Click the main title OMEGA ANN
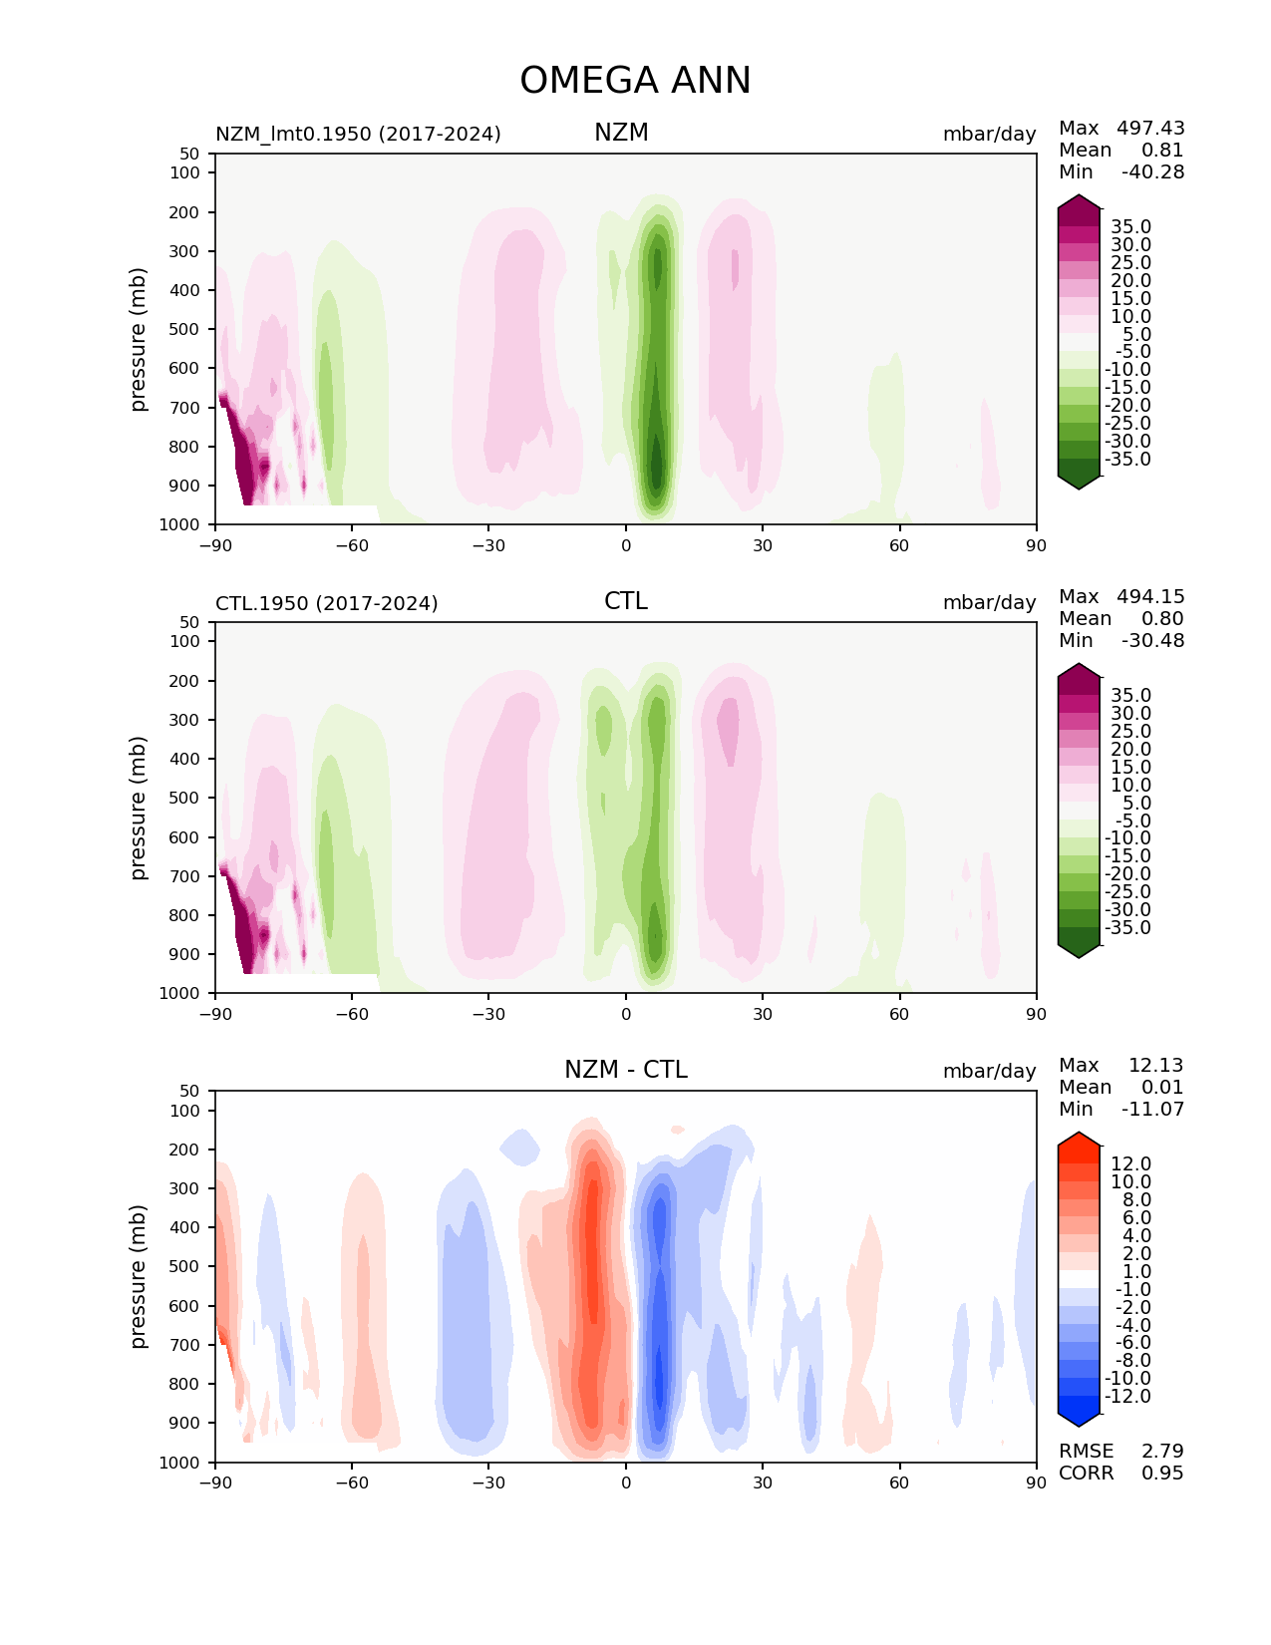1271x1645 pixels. click(635, 81)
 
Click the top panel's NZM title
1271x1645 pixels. click(621, 133)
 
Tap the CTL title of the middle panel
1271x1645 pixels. click(625, 601)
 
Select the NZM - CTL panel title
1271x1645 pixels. click(625, 1070)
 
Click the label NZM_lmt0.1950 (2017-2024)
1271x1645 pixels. click(358, 134)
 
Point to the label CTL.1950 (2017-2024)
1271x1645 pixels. click(327, 603)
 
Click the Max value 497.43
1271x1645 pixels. click(1150, 128)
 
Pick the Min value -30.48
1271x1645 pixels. click(1152, 640)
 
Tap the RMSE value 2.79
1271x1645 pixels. click(1162, 1451)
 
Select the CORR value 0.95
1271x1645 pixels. click(1162, 1473)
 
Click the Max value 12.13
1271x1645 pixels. click(1155, 1065)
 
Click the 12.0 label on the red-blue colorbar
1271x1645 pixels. click(1130, 1163)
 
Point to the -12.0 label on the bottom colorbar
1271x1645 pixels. click(1128, 1396)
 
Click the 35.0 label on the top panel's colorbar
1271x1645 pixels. click(1130, 226)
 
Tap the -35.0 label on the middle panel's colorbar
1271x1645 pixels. click(1128, 927)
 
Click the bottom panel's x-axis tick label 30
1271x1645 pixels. click(763, 1482)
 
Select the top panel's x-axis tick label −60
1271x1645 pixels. click(352, 545)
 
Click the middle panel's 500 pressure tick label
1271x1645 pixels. click(186, 798)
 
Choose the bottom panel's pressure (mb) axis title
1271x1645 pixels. click(139, 1276)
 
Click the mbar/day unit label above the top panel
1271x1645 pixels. click(989, 134)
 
